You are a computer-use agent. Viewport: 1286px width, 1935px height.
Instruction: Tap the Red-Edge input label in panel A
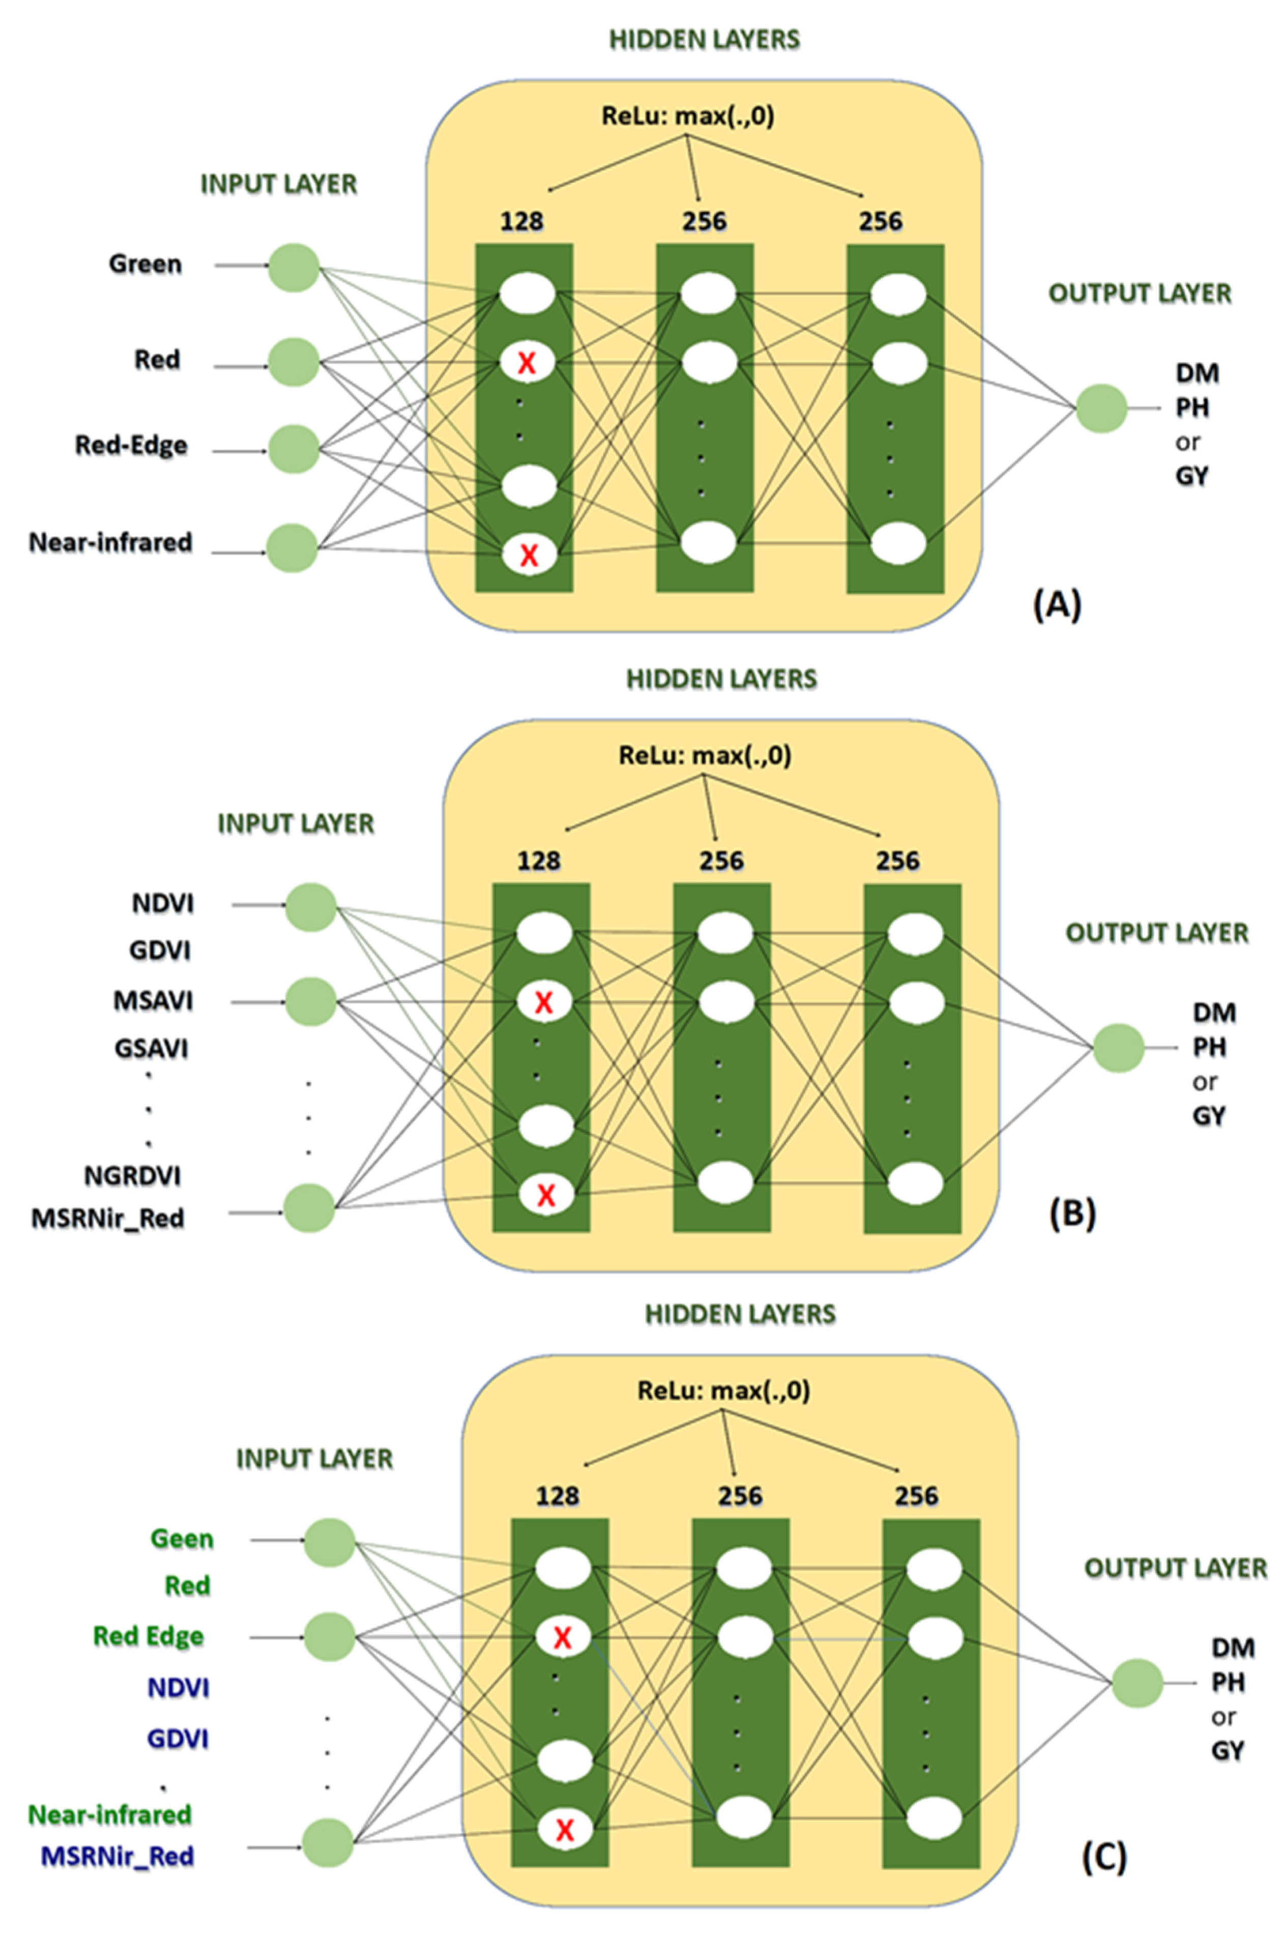[x=131, y=445]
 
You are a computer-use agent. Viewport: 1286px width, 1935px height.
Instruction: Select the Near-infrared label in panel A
[x=111, y=542]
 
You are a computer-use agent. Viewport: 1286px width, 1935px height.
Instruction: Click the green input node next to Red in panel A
[x=294, y=362]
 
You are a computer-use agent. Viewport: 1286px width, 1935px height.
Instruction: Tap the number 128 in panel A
[x=521, y=221]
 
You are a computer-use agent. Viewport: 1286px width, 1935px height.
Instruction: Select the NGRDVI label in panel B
[x=133, y=1176]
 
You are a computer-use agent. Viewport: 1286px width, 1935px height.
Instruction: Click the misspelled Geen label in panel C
[x=182, y=1539]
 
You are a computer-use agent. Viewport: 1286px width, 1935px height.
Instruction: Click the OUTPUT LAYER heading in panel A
[x=1140, y=294]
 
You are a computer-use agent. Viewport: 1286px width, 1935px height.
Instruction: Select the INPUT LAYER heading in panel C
[x=314, y=1459]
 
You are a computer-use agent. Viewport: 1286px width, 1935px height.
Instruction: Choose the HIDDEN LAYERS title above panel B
[x=722, y=679]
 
